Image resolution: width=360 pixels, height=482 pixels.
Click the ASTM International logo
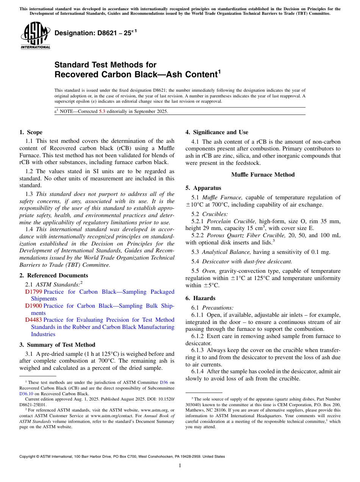pos(35,36)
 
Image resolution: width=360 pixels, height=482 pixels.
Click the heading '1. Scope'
pos(31,132)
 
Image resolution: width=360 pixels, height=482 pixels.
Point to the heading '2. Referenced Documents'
pos(54,275)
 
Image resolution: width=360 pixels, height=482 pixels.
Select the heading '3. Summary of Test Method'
pos(57,345)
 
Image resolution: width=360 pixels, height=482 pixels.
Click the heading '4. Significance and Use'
pos(217,132)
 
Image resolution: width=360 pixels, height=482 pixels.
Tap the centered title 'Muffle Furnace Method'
pos(263,175)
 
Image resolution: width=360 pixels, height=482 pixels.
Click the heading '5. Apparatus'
pos(203,188)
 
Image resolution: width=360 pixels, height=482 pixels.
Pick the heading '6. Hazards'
pos(200,298)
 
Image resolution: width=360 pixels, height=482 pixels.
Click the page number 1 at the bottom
pos(180,466)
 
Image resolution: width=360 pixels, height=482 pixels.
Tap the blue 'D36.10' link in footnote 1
pos(26,394)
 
